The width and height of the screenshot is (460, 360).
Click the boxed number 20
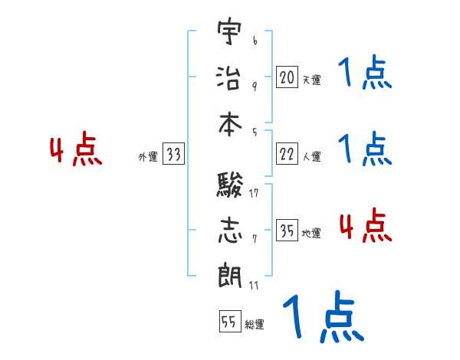coord(287,77)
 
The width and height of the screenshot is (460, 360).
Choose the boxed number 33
coord(173,155)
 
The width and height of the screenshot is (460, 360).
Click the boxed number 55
coord(228,322)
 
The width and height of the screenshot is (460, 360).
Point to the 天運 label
coord(311,79)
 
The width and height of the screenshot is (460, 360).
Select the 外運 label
coord(147,157)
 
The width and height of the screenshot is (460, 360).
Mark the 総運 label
coord(254,325)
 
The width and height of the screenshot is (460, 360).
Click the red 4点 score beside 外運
coord(75,150)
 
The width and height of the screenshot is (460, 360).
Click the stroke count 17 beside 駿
coord(254,193)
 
